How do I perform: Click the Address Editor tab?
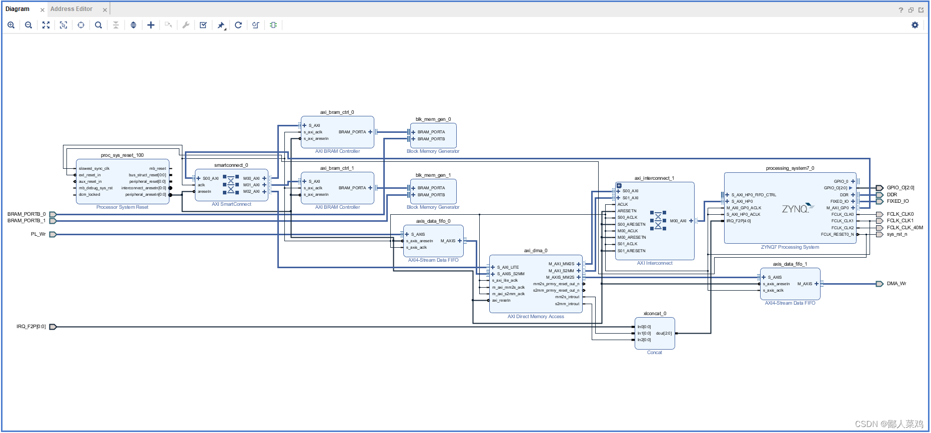71,9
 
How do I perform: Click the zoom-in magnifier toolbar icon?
11,25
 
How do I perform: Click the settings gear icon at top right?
915,25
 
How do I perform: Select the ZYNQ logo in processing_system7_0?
795,209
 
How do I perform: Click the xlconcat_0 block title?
655,314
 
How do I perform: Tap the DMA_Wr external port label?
896,284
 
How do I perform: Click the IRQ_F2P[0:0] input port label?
31,327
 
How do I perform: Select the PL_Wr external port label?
38,234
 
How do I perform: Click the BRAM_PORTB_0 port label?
26,214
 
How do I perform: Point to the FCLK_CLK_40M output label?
905,228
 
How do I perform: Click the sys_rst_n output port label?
897,234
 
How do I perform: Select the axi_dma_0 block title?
535,251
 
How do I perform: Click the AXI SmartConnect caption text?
231,204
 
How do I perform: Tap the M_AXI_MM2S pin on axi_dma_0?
561,264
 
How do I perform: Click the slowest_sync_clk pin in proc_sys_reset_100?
94,169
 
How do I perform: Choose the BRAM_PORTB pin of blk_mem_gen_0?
431,139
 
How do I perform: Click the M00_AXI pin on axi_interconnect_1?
678,221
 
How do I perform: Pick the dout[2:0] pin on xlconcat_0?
664,333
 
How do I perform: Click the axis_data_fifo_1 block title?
790,264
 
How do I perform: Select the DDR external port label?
892,195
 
